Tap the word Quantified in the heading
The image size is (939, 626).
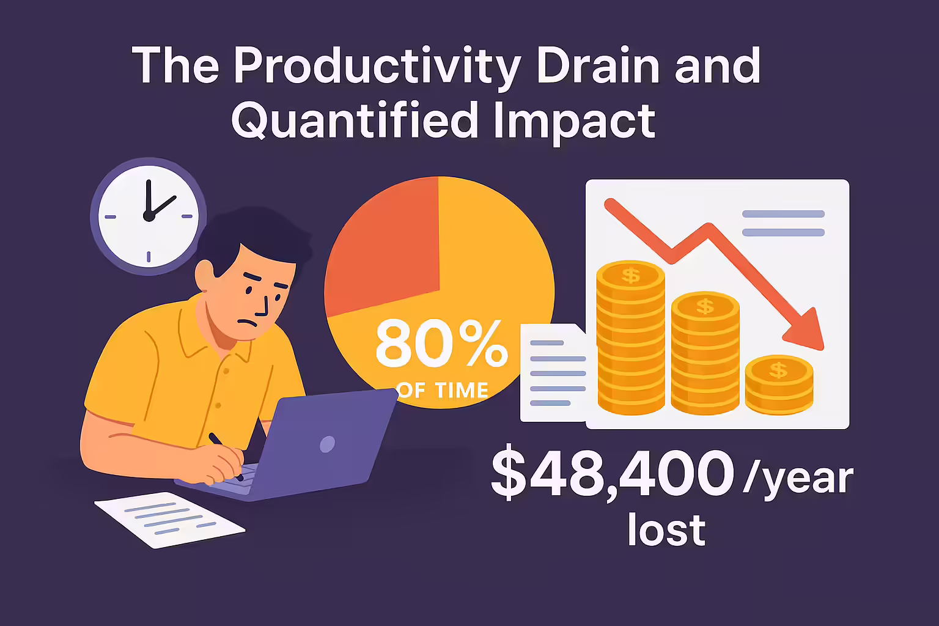click(354, 122)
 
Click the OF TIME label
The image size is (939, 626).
click(442, 391)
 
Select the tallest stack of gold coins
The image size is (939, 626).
click(631, 337)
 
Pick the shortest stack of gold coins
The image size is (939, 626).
click(779, 385)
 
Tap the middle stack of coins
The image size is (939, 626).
click(705, 353)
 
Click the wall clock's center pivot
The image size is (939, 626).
click(149, 216)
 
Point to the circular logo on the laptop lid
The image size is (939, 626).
click(328, 444)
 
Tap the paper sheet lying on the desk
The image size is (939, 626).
click(170, 520)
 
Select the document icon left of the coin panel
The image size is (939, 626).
click(553, 372)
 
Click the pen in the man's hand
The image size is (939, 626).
click(226, 456)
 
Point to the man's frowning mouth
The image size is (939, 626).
click(248, 323)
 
